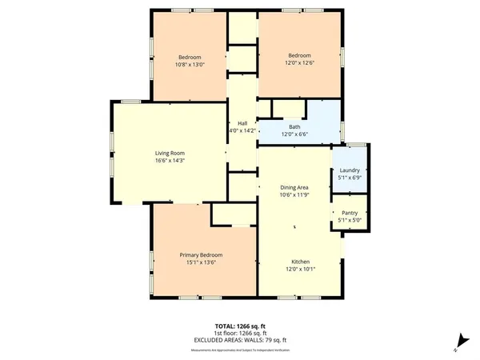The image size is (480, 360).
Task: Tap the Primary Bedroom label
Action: tap(190, 254)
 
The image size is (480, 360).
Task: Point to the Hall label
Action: tap(242, 122)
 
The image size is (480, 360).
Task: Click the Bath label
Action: tap(294, 127)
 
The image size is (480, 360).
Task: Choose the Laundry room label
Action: tap(350, 170)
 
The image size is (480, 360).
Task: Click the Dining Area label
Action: tap(294, 187)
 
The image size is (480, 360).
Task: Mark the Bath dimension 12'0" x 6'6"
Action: tap(294, 134)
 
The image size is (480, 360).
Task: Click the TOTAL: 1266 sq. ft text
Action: tap(239, 326)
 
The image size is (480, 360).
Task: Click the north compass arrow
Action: tap(458, 339)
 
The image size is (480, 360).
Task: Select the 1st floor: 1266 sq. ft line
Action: tap(239, 333)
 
